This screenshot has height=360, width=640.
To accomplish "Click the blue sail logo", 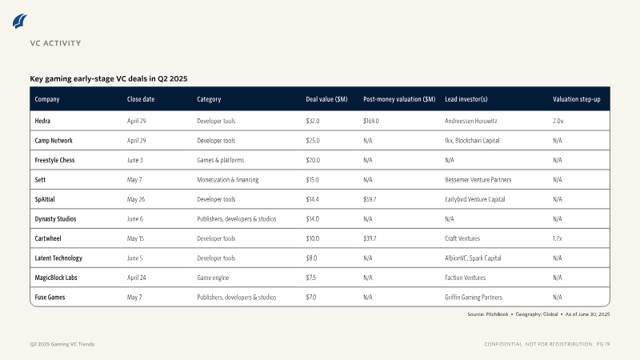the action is [x=19, y=22].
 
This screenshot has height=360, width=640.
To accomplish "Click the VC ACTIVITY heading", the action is [x=55, y=43].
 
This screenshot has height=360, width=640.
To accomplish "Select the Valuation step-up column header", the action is [x=576, y=99].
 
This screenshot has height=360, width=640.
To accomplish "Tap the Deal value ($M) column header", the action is [x=326, y=99].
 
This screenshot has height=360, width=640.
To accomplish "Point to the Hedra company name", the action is [x=42, y=121].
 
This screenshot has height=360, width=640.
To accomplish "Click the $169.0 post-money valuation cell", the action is [x=371, y=121].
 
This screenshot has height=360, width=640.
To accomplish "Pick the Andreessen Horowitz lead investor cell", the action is [x=471, y=121].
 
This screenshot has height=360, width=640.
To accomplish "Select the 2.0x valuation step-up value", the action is [x=558, y=121].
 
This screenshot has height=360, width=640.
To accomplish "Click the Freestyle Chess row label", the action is [x=54, y=160].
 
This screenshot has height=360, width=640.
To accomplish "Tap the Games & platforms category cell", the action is [x=221, y=160].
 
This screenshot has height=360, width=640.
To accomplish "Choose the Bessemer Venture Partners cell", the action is [x=478, y=179].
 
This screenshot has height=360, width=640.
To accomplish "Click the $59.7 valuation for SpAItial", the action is [x=370, y=199].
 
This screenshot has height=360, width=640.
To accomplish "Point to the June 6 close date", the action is [x=135, y=218].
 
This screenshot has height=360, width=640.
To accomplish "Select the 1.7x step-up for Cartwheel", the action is [x=557, y=238].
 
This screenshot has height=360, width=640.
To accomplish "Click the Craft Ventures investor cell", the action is [x=462, y=238].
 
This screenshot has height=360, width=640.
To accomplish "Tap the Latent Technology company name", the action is [x=58, y=258].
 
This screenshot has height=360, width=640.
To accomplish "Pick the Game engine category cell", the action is [x=213, y=278].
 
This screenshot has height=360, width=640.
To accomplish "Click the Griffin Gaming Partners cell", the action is [x=474, y=297].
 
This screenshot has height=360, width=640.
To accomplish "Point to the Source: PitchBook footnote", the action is [x=488, y=314].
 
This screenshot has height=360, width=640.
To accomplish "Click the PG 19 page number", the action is [x=603, y=344].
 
